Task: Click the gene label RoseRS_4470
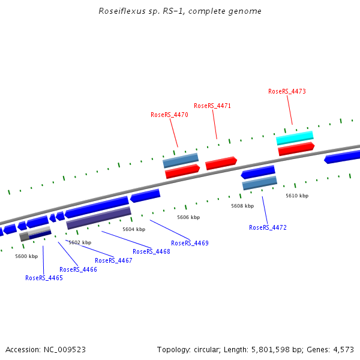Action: (169, 115)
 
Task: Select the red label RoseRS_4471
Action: (212, 106)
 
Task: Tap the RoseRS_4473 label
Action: (287, 91)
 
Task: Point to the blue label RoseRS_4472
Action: (268, 227)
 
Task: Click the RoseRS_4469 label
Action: (190, 243)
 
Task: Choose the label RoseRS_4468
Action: (151, 251)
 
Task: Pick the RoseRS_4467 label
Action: (113, 260)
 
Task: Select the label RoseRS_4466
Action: (78, 269)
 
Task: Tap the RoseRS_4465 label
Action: (44, 278)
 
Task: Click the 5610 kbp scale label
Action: (297, 196)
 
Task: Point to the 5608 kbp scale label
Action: (242, 206)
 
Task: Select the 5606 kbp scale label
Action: (188, 217)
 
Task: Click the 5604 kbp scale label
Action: (134, 229)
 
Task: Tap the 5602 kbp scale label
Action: (80, 242)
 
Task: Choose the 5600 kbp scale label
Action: (26, 256)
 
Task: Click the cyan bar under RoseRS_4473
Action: (295, 138)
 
